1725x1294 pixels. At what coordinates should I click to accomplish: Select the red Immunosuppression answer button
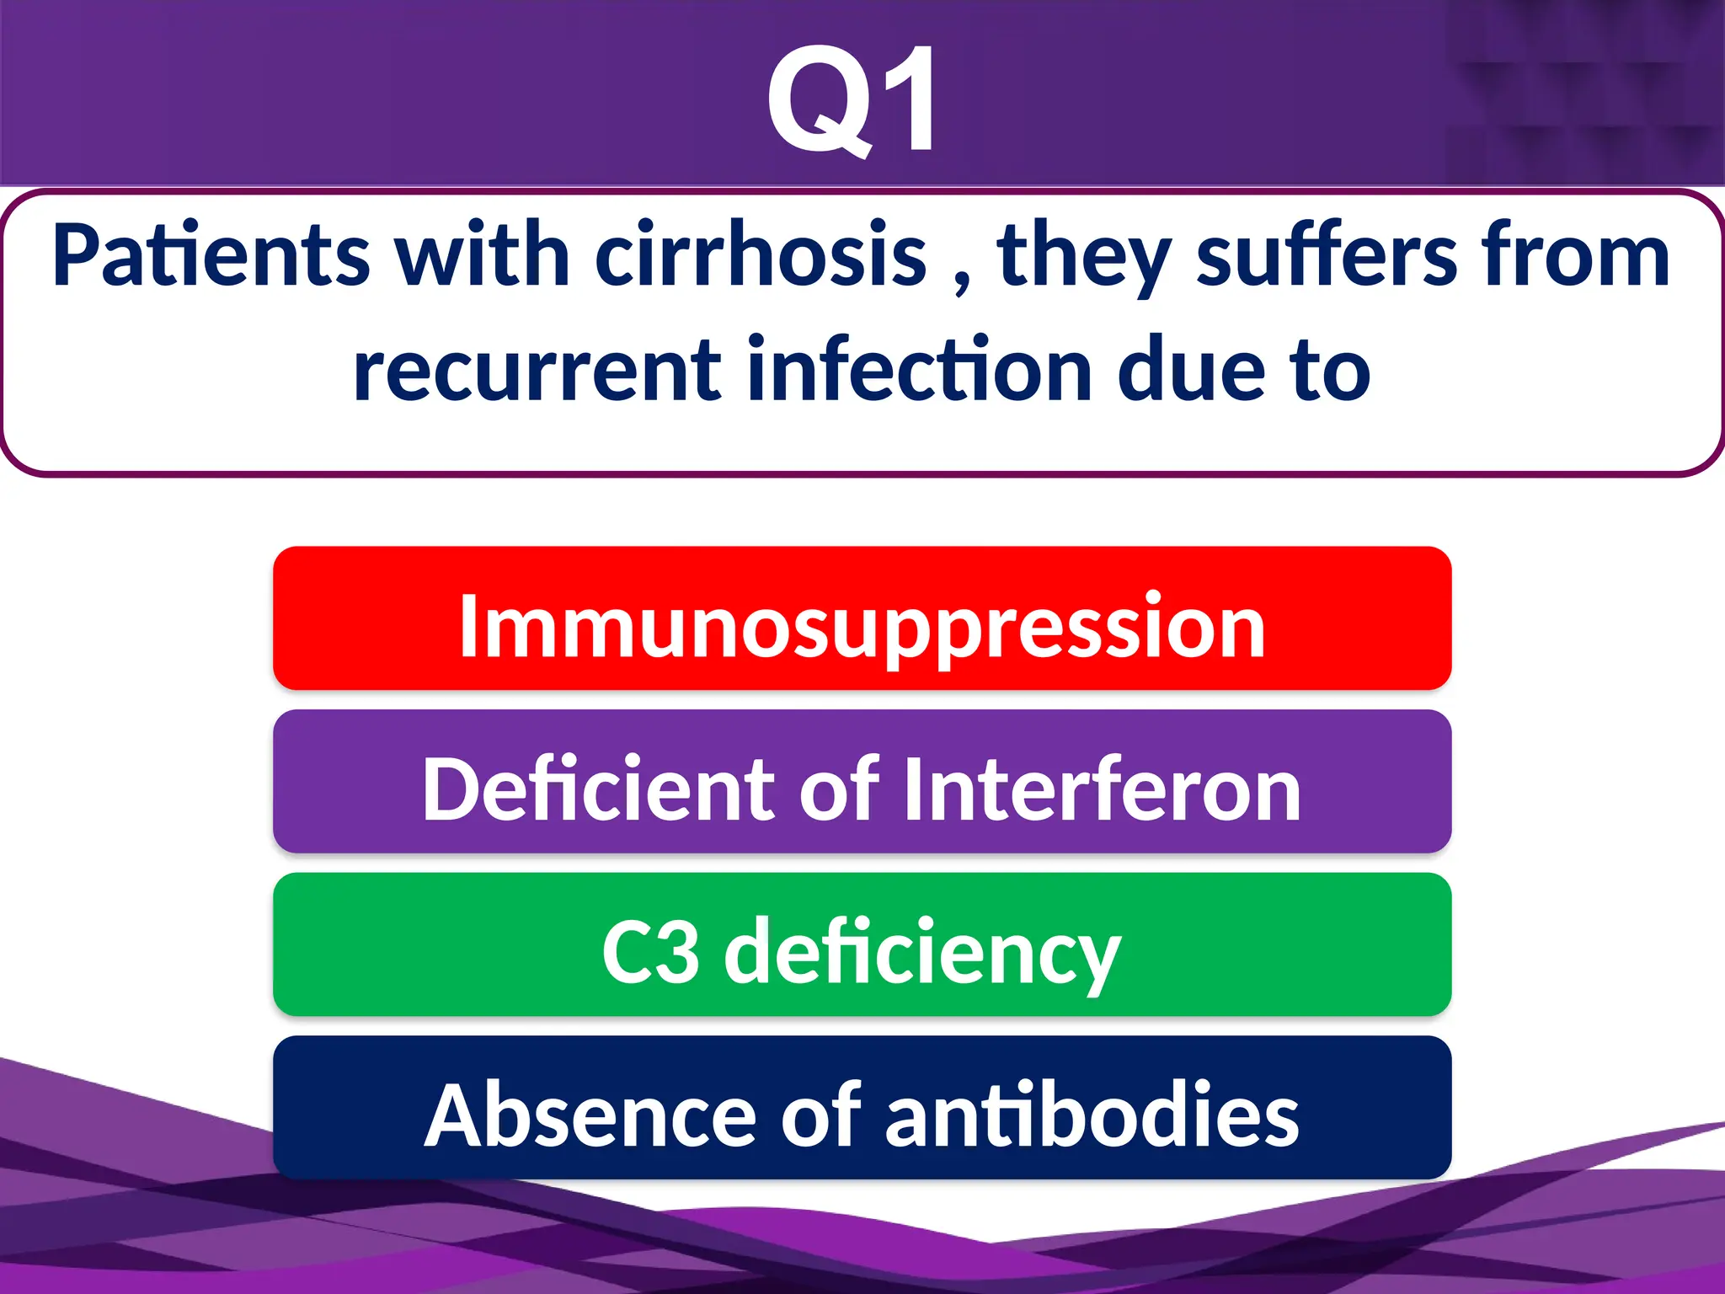pos(862,618)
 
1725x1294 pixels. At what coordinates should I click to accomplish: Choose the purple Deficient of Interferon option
pos(862,782)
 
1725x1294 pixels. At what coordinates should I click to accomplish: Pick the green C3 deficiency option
pos(862,944)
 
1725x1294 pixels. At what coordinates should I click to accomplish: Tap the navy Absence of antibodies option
pos(862,1108)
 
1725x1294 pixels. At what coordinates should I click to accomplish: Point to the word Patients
pos(211,255)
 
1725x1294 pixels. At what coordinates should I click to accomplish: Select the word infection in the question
pos(919,371)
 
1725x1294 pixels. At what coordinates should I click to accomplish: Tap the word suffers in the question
pos(1326,255)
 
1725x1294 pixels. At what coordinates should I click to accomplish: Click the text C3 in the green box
pos(650,952)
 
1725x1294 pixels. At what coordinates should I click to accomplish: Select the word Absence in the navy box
pos(590,1115)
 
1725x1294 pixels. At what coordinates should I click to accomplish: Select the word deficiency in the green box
pos(922,952)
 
